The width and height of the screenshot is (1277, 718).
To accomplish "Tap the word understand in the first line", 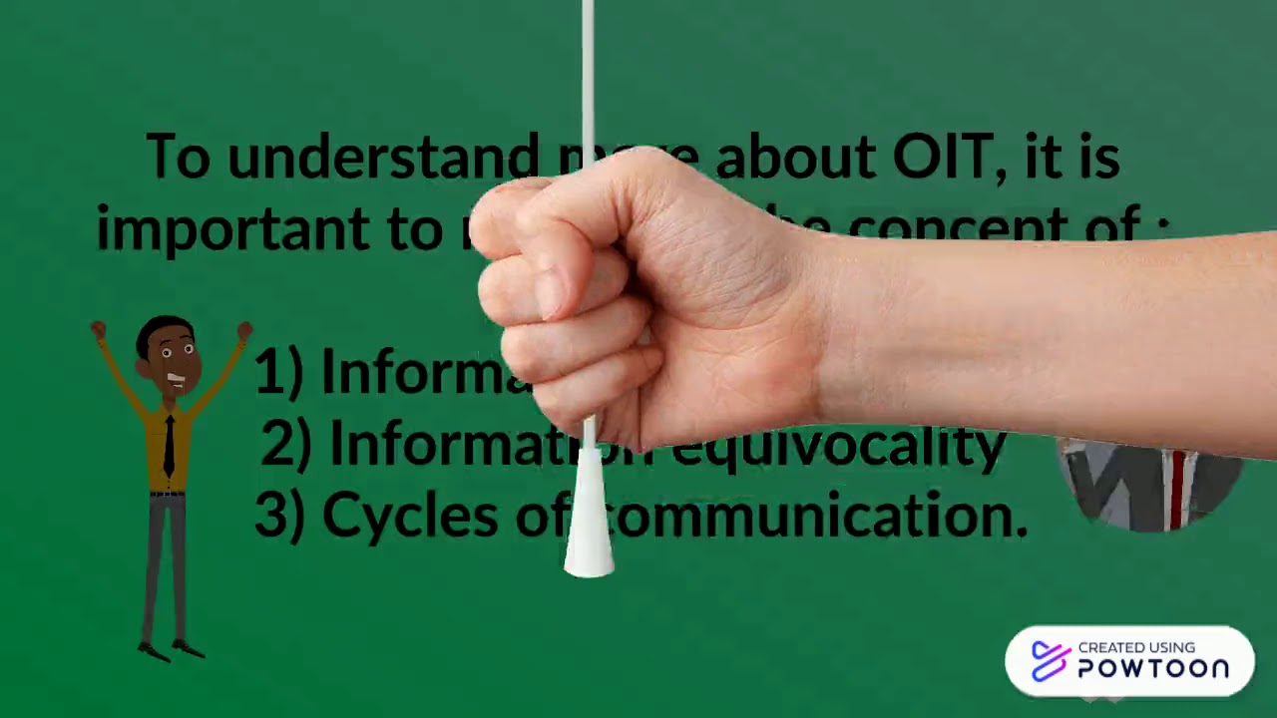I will (x=382, y=158).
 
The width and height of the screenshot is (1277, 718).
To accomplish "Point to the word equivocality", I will (x=838, y=445).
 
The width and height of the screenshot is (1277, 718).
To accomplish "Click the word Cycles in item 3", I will (x=410, y=517).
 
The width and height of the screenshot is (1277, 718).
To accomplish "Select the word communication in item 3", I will (x=818, y=517).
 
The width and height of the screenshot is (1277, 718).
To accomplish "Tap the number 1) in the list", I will (x=278, y=372).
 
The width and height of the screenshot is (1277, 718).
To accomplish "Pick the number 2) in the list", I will (x=286, y=445).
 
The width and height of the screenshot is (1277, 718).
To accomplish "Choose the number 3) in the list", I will (x=279, y=517).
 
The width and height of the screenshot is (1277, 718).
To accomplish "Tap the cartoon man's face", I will (x=172, y=355).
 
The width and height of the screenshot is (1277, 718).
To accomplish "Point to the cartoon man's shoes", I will (x=171, y=650).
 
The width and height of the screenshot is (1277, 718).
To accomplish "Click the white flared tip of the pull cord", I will (x=589, y=529).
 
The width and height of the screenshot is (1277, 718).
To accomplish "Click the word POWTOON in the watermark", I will (x=1153, y=669).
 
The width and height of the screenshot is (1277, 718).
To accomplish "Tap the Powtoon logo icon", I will (x=1051, y=660).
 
